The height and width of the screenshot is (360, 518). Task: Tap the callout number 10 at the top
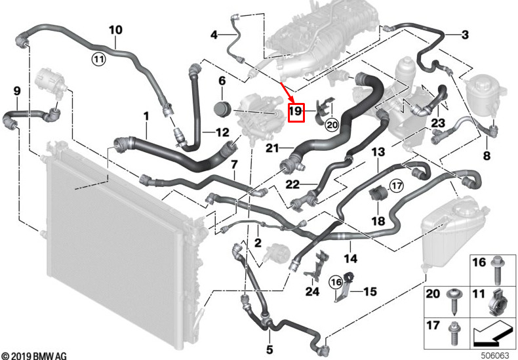[x=115, y=30]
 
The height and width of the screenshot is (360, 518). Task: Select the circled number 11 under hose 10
[x=98, y=60]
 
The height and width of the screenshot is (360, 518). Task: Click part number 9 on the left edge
[x=17, y=90]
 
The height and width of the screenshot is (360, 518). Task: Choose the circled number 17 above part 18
[x=395, y=187]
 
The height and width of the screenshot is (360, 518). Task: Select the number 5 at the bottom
[x=269, y=349]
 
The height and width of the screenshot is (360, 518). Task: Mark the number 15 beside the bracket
[x=370, y=290]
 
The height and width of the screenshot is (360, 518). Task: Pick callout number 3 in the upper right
[x=464, y=34]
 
